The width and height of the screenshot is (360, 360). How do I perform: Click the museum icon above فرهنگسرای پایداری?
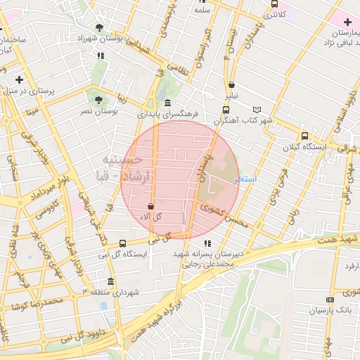tap(167, 103)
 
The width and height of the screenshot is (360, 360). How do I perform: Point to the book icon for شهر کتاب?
tap(257, 110)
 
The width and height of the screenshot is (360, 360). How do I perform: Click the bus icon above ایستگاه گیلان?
tap(304, 136)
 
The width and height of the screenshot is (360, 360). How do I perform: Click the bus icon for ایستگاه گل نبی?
tap(123, 243)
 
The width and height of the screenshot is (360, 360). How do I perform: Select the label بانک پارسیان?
tap(329, 309)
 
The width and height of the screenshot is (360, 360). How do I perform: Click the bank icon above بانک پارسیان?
tap(311, 309)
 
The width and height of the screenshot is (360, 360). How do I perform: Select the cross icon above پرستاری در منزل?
tap(19, 79)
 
